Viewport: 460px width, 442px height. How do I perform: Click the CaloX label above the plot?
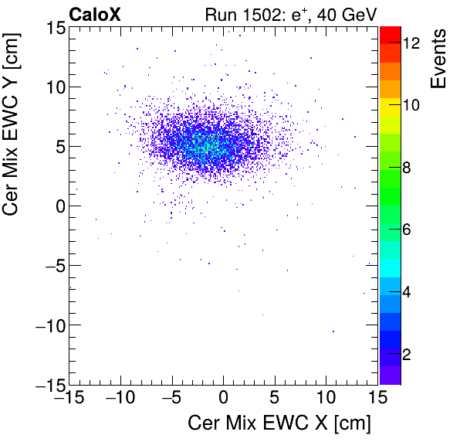click(x=94, y=14)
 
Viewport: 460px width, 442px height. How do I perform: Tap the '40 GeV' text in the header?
click(x=344, y=14)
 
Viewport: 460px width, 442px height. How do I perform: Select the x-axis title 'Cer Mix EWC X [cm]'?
click(x=279, y=423)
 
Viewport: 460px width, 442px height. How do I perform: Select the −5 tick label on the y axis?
click(x=51, y=265)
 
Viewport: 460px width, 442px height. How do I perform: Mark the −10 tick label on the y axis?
click(x=47, y=325)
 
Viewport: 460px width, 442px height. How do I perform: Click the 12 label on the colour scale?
click(x=411, y=44)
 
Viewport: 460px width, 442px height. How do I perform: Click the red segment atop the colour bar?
click(x=389, y=35)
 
